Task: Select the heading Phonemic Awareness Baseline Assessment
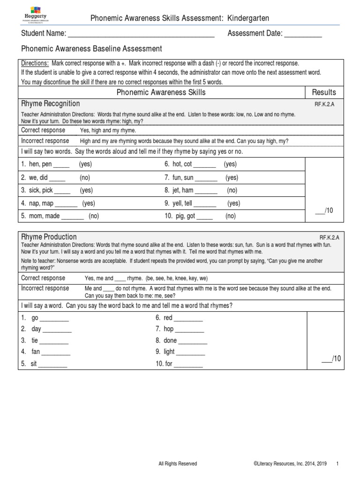tap(92, 49)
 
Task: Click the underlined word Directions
tap(35, 63)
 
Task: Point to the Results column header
tap(324, 92)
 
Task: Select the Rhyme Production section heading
tap(49, 237)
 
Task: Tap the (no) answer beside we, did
tap(84, 178)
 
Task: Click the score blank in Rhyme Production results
tap(326, 360)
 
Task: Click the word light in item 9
tap(169, 352)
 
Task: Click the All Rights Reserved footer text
tap(178, 464)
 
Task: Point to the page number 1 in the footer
tap(337, 464)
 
